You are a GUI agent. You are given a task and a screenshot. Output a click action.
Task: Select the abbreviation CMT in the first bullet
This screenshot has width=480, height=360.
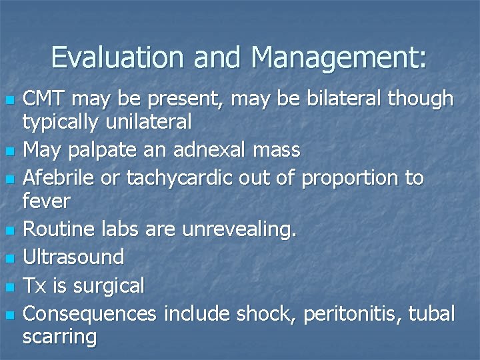coord(46,99)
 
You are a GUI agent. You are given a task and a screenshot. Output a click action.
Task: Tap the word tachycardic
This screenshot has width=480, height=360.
coord(175,178)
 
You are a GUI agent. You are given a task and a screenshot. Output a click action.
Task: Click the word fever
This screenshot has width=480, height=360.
coord(46,200)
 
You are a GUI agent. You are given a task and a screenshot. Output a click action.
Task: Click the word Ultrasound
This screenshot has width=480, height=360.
coord(73,257)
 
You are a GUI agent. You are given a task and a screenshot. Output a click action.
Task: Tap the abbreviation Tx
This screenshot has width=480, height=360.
coord(35,285)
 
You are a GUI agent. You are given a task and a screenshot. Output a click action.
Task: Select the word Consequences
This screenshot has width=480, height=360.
coord(89,313)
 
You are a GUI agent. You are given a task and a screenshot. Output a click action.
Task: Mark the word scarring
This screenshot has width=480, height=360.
coord(59,336)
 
